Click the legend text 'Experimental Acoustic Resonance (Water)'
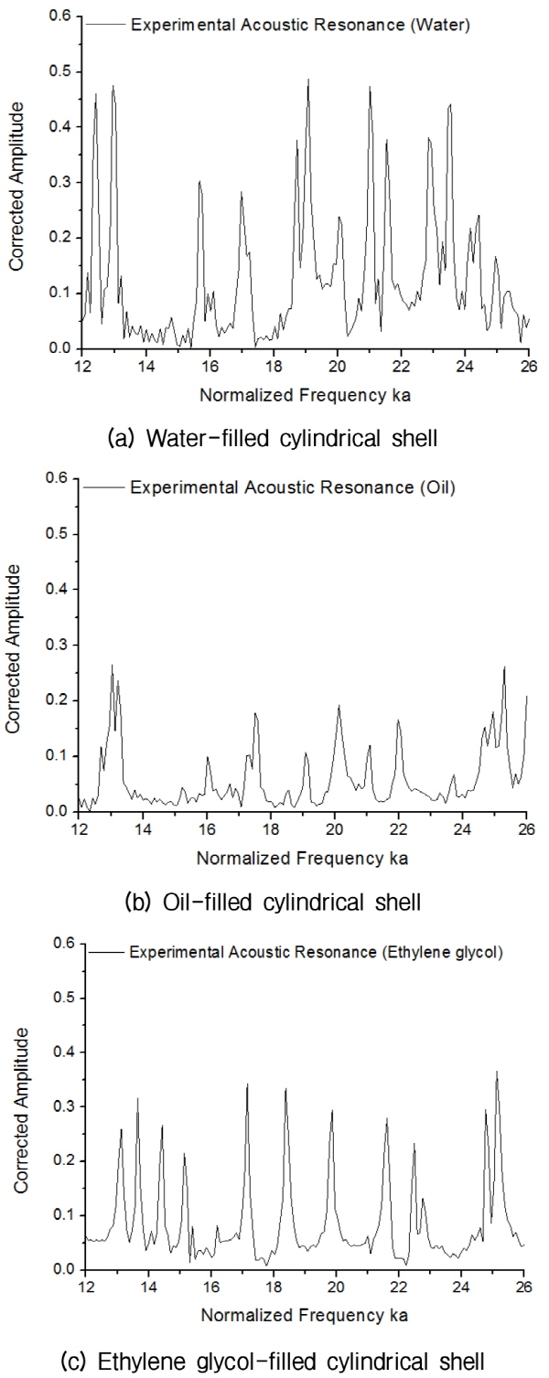(301, 26)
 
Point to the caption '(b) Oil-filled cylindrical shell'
(272, 903)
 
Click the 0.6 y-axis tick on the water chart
(60, 16)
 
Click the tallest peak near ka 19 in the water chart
(308, 80)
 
